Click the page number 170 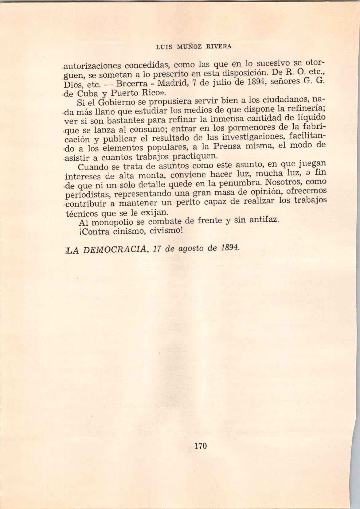(x=201, y=445)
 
